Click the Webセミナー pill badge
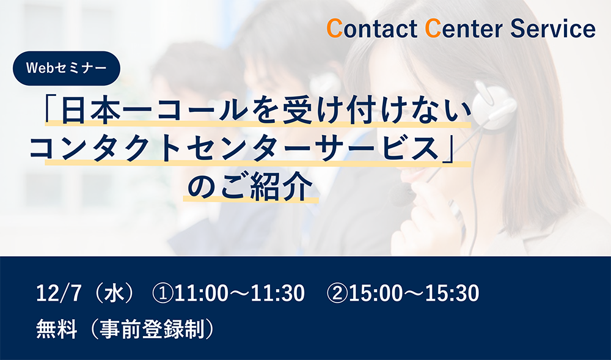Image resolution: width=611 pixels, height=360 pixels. [x=67, y=68]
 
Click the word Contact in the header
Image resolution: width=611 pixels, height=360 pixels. [x=371, y=29]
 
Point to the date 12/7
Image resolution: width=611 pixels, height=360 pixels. [x=59, y=293]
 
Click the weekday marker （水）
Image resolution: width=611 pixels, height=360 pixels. [x=114, y=293]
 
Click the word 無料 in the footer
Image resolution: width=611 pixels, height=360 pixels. [x=56, y=329]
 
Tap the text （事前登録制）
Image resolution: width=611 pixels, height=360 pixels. [x=151, y=329]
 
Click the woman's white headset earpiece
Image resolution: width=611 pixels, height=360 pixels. [x=494, y=105]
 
